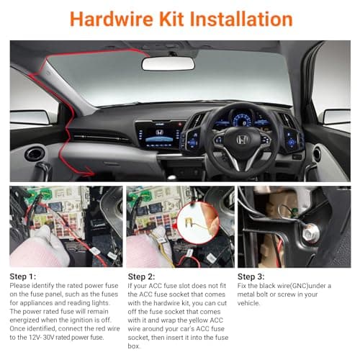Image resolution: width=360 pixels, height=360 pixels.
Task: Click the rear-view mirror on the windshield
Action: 168,63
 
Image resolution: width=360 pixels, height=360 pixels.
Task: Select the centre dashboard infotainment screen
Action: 158,135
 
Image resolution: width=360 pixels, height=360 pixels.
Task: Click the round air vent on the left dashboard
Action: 35,153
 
